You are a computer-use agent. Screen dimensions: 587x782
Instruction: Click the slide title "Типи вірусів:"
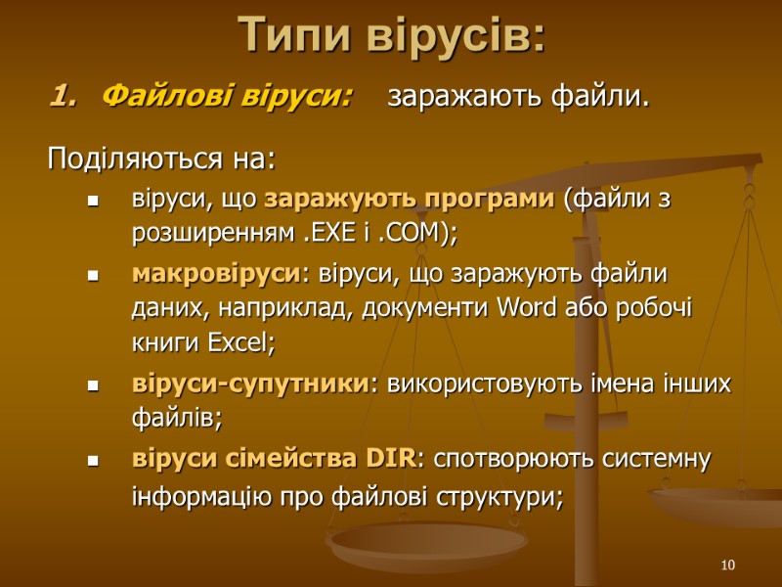pos(392,36)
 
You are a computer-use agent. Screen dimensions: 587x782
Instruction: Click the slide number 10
pos(727,565)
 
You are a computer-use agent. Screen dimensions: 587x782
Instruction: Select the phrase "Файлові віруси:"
pos(227,97)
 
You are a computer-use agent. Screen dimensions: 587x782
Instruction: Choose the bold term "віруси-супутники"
pos(251,384)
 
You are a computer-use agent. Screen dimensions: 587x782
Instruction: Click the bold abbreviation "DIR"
pos(390,459)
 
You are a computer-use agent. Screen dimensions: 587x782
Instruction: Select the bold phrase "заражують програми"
pos(410,200)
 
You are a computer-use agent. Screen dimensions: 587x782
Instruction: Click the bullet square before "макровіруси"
pos(95,277)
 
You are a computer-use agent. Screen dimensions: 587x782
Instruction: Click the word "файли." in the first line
pos(604,97)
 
